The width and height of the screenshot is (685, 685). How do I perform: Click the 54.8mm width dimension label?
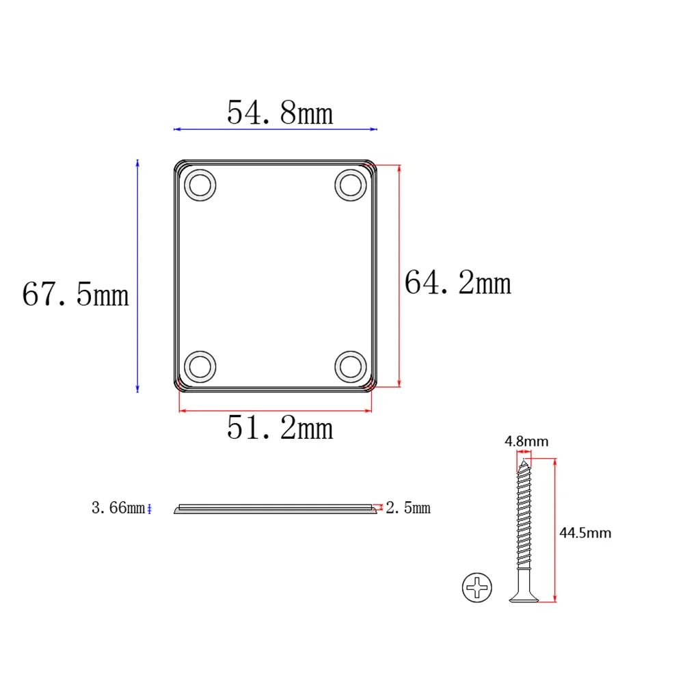[280, 113]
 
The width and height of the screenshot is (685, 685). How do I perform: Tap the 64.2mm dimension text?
[457, 282]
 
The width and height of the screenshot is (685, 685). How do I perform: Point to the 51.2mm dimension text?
[280, 429]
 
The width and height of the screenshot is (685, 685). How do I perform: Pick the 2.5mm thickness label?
[408, 508]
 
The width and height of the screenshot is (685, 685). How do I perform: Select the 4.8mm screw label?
[526, 442]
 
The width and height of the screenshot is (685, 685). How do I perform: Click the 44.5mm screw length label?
[585, 533]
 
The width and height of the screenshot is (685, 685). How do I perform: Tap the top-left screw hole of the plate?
[200, 185]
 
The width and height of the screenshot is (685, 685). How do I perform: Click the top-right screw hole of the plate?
[351, 185]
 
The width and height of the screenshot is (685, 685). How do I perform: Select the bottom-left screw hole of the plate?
[200, 366]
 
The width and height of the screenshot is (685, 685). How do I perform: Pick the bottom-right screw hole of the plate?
[351, 366]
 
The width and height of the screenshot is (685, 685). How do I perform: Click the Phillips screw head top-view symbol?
[477, 587]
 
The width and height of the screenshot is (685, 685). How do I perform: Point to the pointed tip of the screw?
[524, 463]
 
